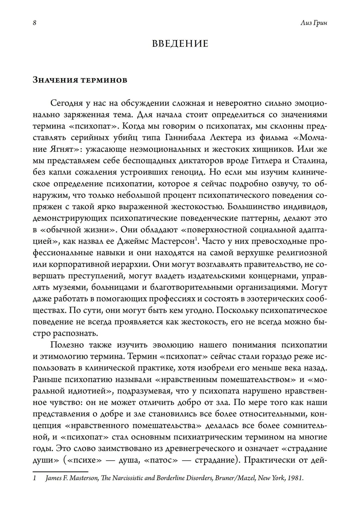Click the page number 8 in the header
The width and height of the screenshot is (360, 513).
click(x=34, y=23)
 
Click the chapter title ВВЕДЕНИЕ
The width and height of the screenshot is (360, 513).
click(x=180, y=44)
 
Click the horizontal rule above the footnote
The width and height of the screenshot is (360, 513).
click(x=60, y=471)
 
